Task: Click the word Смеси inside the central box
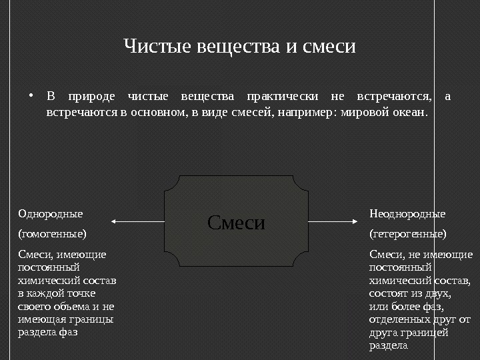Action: (x=236, y=222)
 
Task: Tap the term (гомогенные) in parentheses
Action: (x=52, y=234)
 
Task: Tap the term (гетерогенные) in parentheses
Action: (x=408, y=234)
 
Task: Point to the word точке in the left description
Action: (x=81, y=293)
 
